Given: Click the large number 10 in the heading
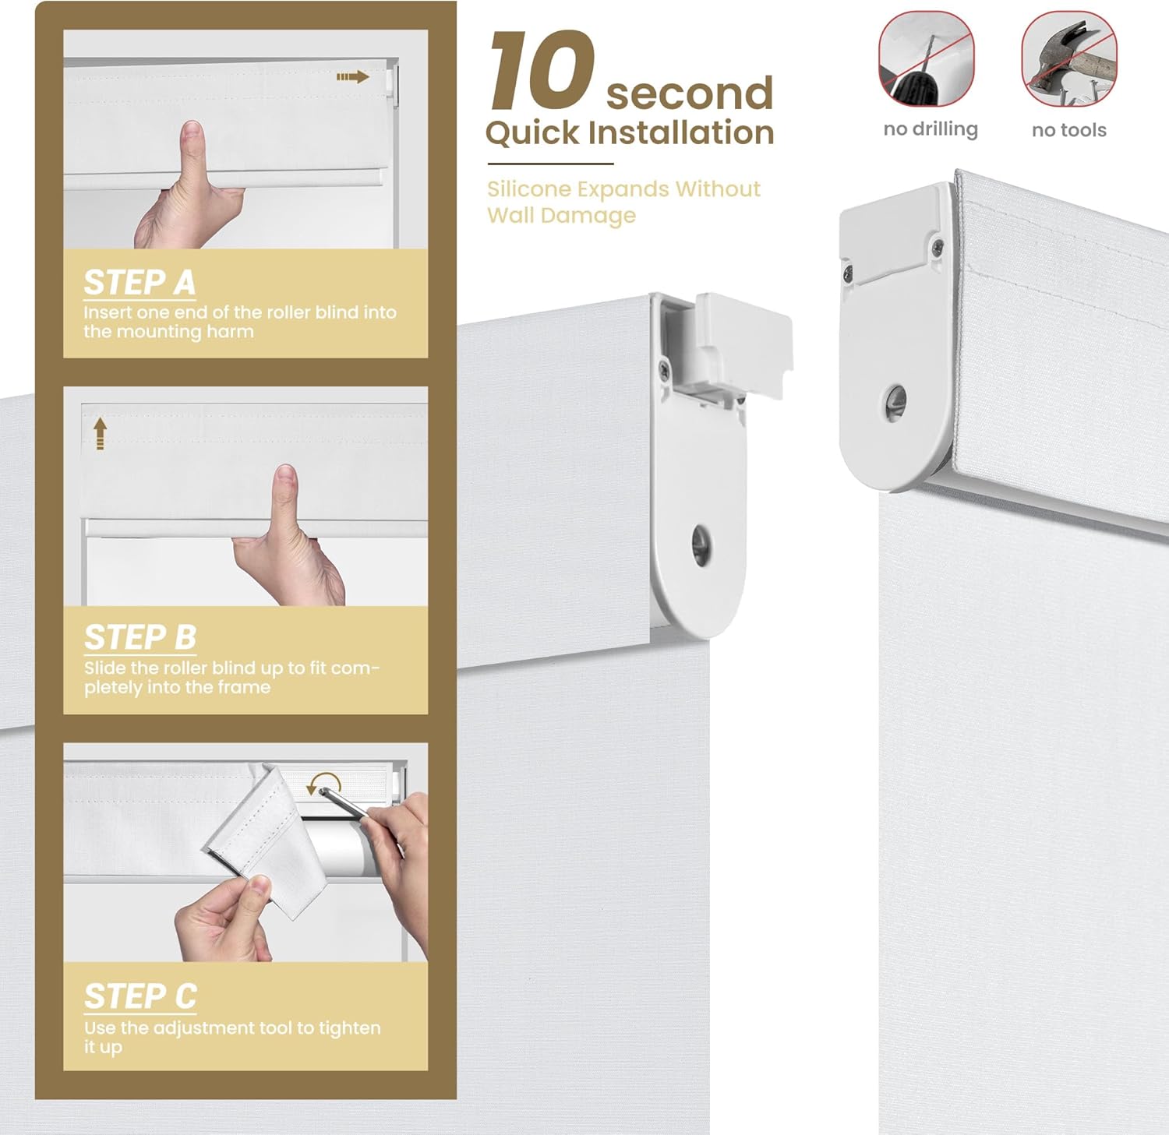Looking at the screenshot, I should [x=542, y=72].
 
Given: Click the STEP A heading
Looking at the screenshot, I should [x=140, y=283].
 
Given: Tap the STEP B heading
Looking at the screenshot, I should [x=140, y=637].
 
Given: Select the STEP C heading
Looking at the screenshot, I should [x=140, y=996].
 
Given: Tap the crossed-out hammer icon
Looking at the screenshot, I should [x=1068, y=60].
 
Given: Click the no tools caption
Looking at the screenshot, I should [x=1068, y=130].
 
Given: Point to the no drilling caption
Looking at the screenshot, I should [x=931, y=129].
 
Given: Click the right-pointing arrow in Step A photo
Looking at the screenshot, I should [x=352, y=76].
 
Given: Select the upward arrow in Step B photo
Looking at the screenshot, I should [x=100, y=433].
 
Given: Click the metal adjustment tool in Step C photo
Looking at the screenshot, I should [x=343, y=802].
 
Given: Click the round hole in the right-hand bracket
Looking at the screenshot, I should [x=896, y=400].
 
